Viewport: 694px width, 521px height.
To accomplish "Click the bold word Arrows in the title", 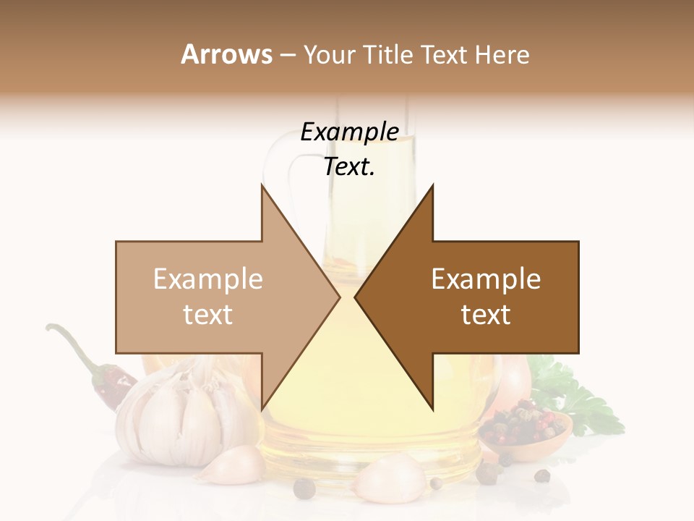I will (226, 54).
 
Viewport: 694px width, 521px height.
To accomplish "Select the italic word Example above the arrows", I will (349, 132).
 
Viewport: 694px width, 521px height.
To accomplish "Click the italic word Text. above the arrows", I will (349, 167).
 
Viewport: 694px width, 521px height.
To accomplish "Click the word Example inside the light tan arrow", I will (207, 279).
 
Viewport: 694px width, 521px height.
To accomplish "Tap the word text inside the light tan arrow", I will (207, 315).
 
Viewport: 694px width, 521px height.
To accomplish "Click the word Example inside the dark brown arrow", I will (486, 279).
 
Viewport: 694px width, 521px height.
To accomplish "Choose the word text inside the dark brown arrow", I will (486, 315).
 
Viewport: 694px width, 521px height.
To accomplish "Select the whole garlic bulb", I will (173, 416).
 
